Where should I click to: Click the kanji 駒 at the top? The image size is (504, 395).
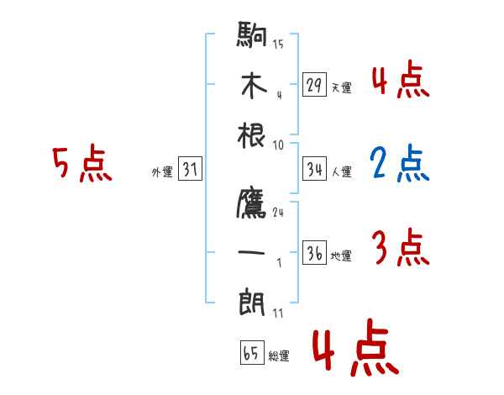[253, 36]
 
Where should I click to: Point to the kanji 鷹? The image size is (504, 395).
[253, 204]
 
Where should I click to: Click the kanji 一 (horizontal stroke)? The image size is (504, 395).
[253, 253]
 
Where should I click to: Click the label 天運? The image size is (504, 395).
[342, 87]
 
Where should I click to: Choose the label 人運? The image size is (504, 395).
[342, 171]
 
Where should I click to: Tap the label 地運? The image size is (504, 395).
[342, 255]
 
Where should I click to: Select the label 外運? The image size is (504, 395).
[162, 171]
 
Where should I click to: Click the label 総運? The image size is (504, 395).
[279, 355]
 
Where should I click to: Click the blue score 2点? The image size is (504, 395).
[399, 166]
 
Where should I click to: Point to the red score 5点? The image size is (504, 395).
[81, 165]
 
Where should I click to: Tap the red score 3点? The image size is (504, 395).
[400, 249]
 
